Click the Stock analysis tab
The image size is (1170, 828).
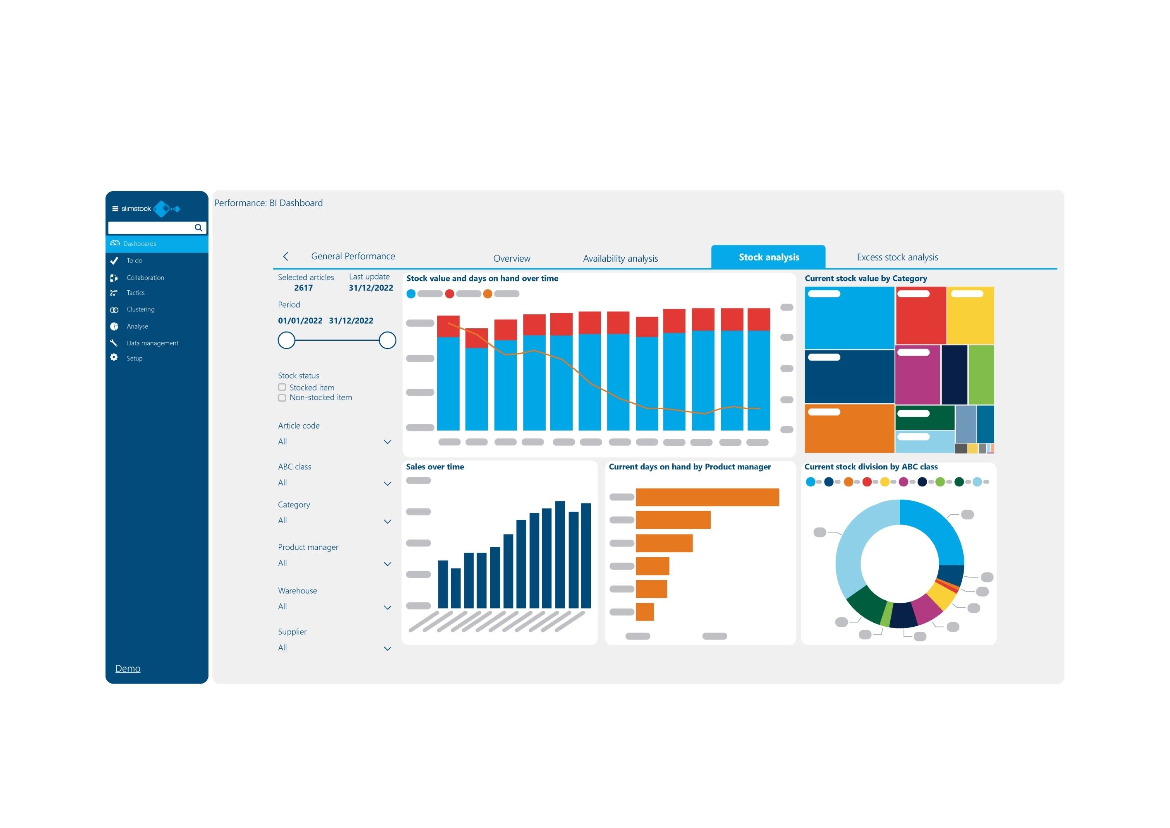pos(768,257)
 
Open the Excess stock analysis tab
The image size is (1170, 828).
pos(897,257)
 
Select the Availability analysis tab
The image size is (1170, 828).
pos(620,258)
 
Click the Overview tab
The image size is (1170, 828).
pos(512,258)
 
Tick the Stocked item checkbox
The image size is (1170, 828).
pos(282,388)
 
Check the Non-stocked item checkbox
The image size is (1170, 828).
pos(282,398)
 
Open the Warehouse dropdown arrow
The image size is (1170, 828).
pos(387,607)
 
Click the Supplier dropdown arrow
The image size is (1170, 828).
pos(387,649)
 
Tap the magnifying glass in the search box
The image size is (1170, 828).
pos(198,228)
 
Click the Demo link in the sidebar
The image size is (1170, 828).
pos(128,669)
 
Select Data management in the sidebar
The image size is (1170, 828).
pos(152,343)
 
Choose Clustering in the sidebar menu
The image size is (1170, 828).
pos(140,310)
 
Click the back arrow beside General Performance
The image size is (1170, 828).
pos(286,256)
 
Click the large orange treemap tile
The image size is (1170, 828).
pos(849,431)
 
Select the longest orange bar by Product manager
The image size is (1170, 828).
pos(707,497)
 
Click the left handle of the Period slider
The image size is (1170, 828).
pos(286,340)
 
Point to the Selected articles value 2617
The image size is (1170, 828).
pos(303,288)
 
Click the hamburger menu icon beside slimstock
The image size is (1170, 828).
pos(115,209)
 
